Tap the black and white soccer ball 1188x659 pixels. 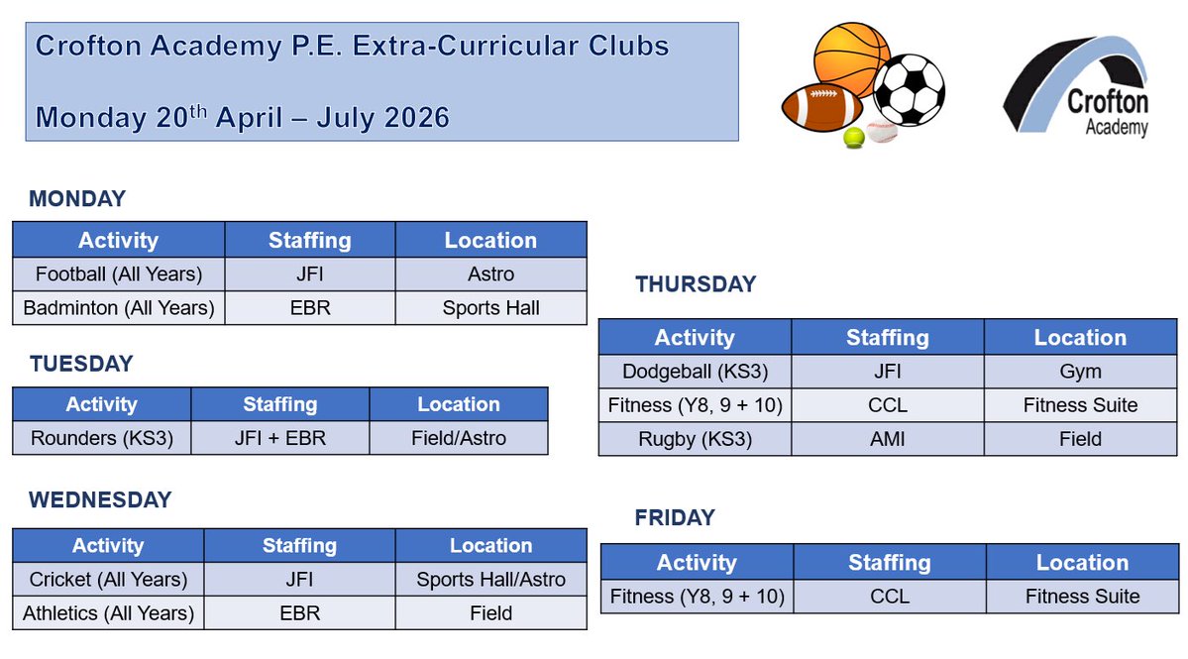(909, 89)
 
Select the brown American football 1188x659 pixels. (822, 108)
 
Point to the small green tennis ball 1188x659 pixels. (853, 139)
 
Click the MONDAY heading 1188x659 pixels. (77, 199)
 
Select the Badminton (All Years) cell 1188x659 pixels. (119, 308)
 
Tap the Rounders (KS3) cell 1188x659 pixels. (102, 438)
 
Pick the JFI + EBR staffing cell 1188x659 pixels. (280, 438)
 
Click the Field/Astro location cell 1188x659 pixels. (459, 438)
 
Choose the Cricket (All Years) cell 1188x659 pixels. (109, 580)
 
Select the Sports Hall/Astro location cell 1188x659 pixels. (490, 580)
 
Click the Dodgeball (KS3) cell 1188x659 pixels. (695, 372)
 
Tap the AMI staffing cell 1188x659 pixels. (888, 439)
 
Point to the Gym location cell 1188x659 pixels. (1080, 372)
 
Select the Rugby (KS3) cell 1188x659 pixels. (695, 439)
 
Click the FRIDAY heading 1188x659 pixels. (675, 518)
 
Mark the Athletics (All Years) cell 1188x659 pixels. (109, 613)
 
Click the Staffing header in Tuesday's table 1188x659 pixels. (280, 404)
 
